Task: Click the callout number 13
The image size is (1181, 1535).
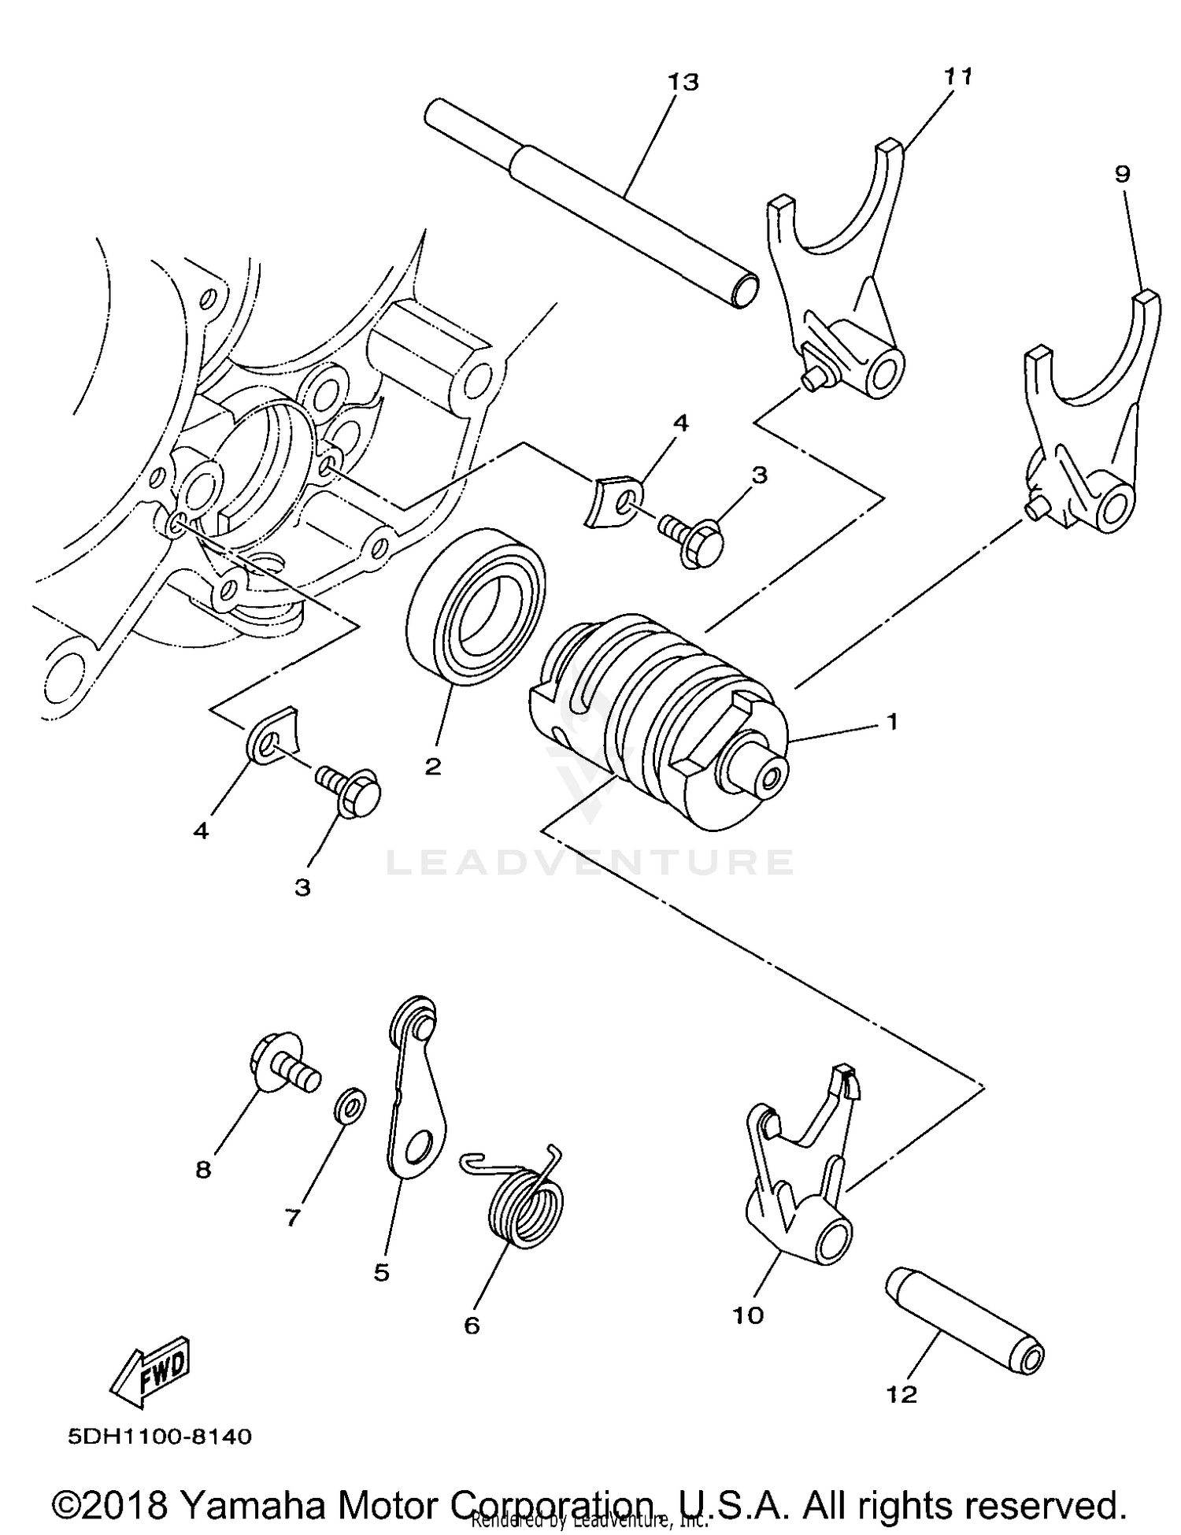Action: tap(683, 82)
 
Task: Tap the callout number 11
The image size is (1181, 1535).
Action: tap(958, 76)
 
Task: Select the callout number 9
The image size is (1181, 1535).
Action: tap(1122, 174)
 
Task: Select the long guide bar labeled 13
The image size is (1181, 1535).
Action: tap(590, 205)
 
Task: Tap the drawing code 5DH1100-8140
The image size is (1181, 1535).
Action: tap(160, 1437)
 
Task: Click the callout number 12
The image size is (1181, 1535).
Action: tap(901, 1395)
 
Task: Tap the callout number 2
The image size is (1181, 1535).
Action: tap(433, 766)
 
